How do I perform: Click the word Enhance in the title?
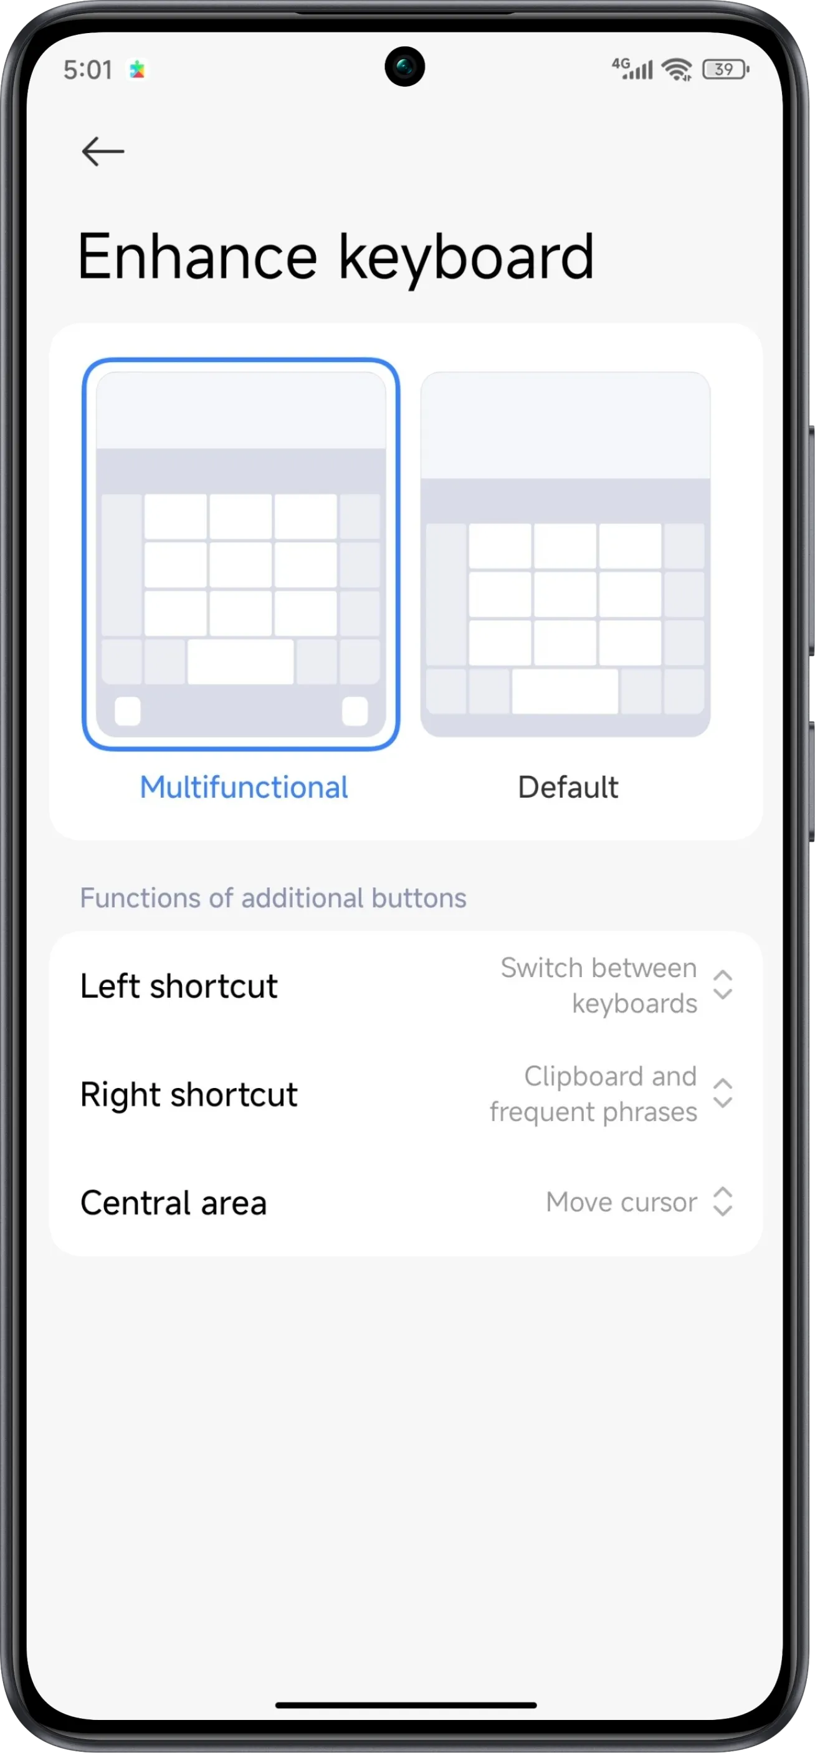(198, 257)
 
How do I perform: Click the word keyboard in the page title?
(466, 257)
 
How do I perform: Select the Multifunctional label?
(244, 787)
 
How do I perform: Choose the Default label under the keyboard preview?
(568, 787)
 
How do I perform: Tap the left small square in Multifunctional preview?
(128, 711)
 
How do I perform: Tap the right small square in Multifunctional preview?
(355, 711)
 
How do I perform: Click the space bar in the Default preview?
(565, 690)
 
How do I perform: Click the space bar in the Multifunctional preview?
(240, 661)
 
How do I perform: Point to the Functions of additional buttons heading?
(273, 898)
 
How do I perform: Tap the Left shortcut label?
(179, 986)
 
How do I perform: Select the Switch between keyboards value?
(599, 985)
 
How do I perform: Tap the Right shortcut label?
(188, 1094)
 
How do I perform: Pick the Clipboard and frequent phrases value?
(593, 1094)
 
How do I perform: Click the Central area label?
(173, 1203)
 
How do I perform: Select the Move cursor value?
(621, 1203)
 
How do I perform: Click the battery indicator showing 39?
(725, 69)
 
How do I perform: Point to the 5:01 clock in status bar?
(88, 69)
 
